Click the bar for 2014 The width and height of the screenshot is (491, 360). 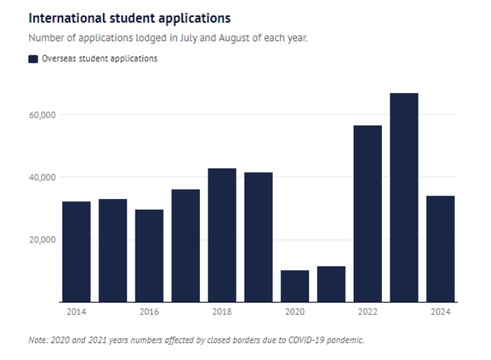(77, 252)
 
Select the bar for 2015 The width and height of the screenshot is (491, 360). (113, 250)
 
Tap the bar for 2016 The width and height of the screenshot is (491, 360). (149, 255)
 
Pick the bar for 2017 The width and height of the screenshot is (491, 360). (186, 245)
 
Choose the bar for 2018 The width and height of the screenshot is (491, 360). (222, 235)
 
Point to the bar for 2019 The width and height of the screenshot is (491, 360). (259, 237)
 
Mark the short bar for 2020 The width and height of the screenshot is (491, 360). (295, 286)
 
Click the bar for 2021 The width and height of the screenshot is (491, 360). (331, 283)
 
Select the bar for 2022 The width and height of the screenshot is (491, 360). (368, 213)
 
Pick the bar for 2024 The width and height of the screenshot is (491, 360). (441, 248)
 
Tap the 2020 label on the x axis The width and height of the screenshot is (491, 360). (295, 312)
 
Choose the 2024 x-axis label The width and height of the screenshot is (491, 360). (441, 312)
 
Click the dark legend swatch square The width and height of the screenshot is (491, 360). (33, 59)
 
